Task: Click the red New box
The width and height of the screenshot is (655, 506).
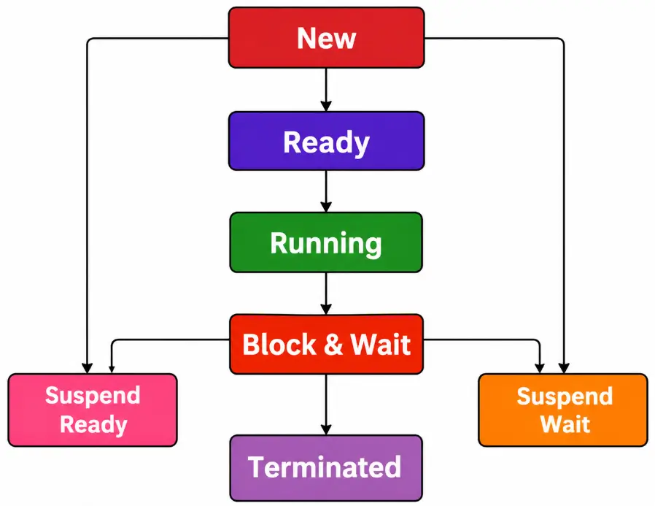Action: (326, 38)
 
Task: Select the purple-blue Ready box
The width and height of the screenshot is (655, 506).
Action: (326, 141)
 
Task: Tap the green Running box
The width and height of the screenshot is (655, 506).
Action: (326, 242)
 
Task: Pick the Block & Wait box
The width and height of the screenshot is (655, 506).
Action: (326, 344)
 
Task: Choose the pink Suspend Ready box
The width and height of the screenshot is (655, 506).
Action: (93, 410)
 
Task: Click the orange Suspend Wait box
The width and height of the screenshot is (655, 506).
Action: (562, 410)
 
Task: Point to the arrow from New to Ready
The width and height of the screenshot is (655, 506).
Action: (326, 89)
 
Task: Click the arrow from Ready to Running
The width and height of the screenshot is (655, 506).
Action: (326, 191)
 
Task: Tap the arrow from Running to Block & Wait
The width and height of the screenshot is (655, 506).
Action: (326, 293)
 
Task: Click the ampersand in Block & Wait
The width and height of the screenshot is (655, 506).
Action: (332, 345)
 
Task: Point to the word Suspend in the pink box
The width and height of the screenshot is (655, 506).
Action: (93, 396)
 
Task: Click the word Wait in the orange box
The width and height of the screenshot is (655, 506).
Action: (565, 424)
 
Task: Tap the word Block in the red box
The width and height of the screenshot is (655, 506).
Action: (279, 345)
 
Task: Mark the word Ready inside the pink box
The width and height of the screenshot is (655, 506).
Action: (93, 424)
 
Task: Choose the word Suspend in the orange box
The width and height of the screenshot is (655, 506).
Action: (565, 396)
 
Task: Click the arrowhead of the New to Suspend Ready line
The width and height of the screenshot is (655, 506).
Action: (87, 367)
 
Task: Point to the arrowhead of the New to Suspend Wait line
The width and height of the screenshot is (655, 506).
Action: (564, 367)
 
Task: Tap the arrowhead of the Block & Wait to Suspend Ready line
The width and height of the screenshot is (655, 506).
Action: (111, 367)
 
